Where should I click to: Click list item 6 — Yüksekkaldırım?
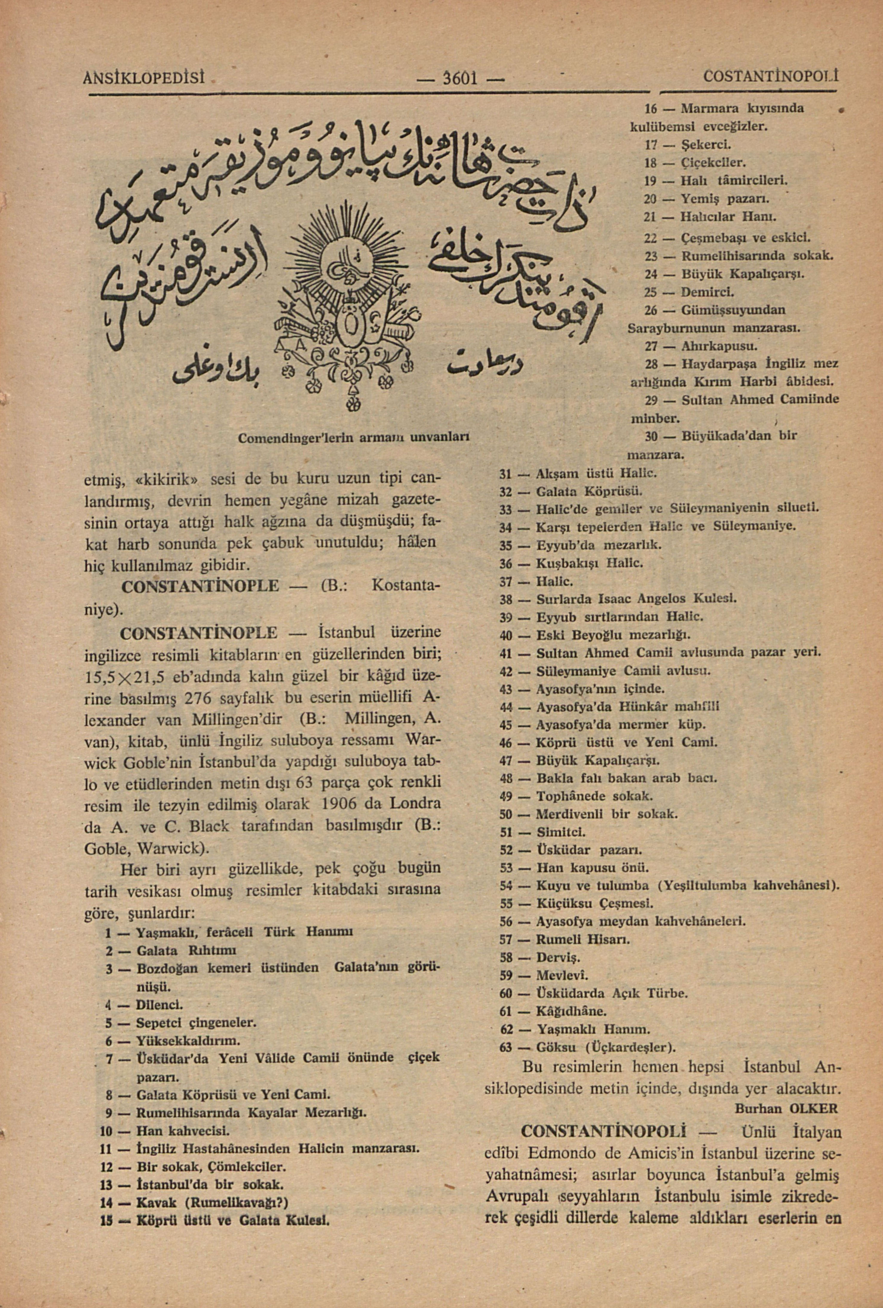174,1039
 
